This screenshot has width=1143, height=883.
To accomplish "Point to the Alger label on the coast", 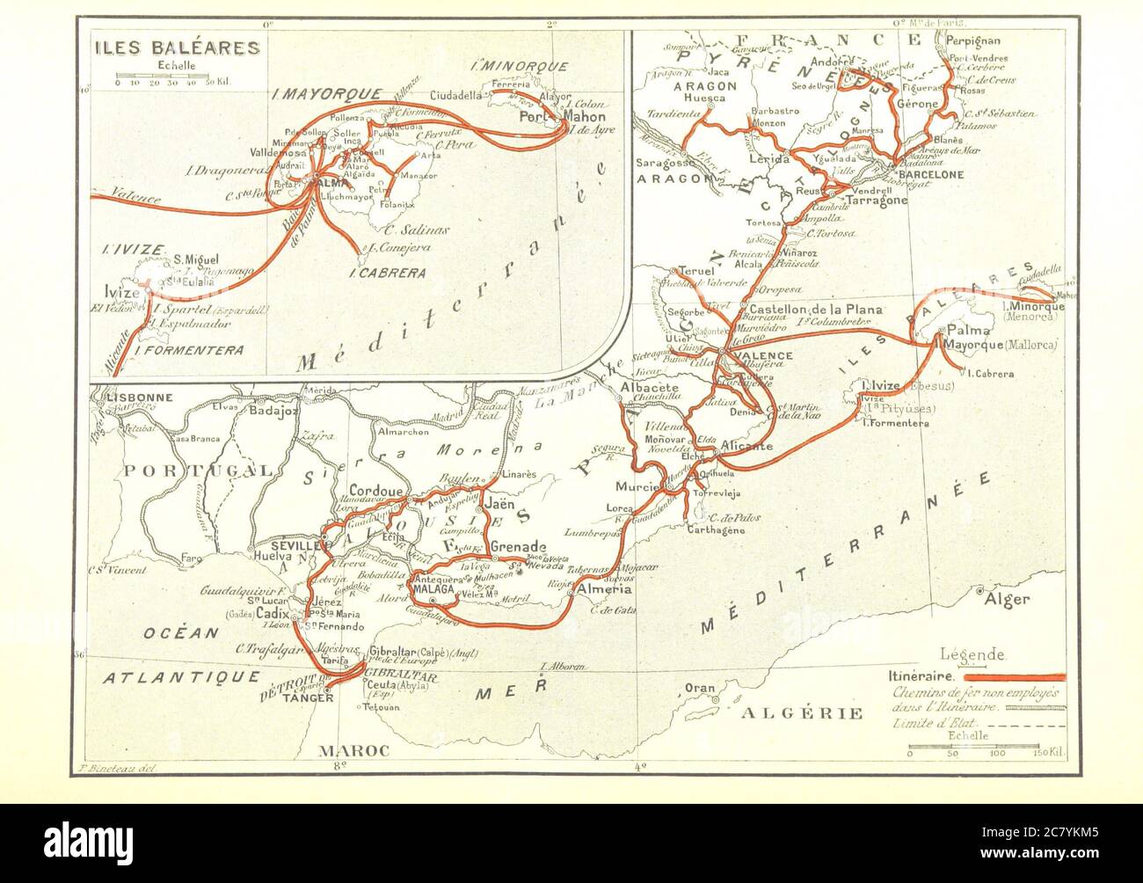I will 1008,600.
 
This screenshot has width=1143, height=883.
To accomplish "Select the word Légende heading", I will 973,654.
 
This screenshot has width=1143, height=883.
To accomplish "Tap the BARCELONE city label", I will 929,175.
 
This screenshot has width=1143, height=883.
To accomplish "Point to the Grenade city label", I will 518,546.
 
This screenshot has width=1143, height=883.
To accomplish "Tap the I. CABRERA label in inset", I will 394,273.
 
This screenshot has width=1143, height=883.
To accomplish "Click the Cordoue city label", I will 375,491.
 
